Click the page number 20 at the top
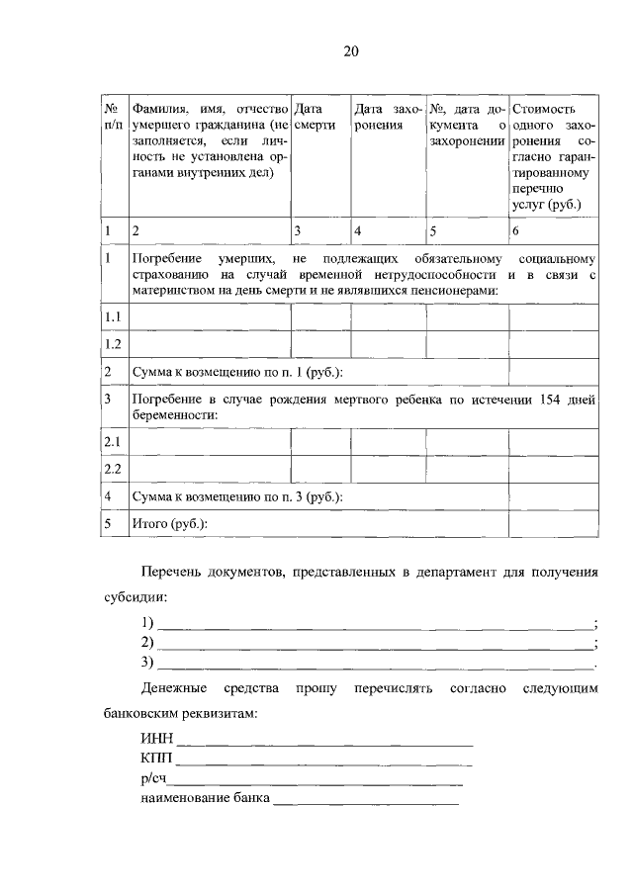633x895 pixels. click(352, 52)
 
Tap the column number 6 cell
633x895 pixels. click(515, 230)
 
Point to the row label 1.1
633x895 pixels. click(113, 316)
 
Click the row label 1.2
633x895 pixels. click(113, 344)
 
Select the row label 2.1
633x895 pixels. click(113, 441)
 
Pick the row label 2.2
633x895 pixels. click(113, 469)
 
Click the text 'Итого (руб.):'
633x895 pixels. click(172, 522)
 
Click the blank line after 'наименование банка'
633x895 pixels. click(366, 801)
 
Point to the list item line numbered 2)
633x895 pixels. click(376, 644)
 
